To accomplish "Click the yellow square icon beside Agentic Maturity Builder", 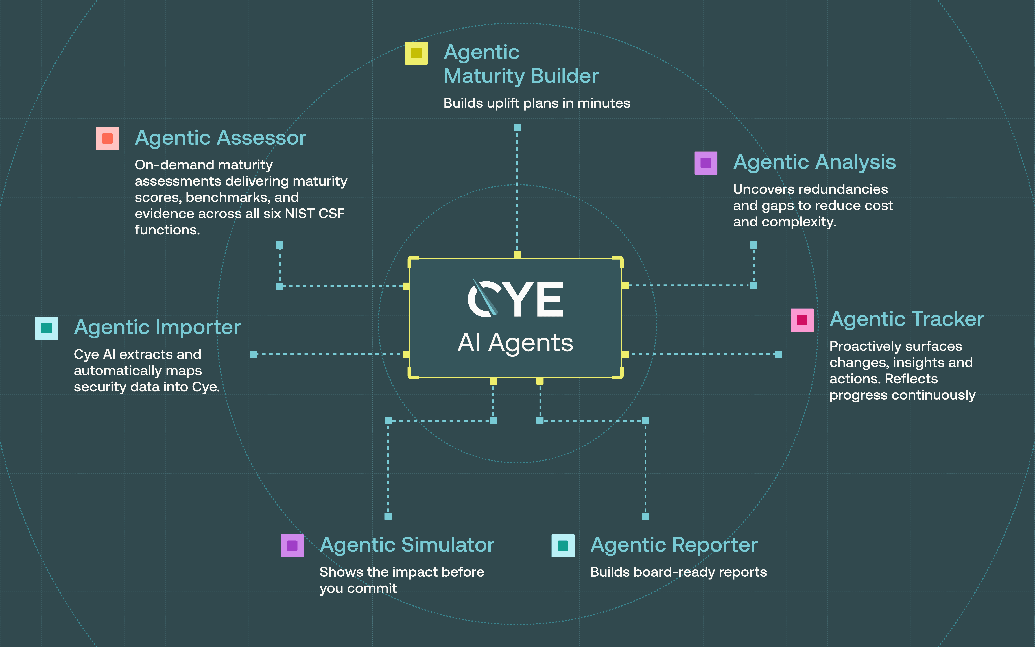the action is (x=416, y=53).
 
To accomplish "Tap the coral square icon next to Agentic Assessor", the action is (x=107, y=138).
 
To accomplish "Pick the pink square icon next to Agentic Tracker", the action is (x=802, y=320).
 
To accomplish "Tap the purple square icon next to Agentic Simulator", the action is (x=292, y=546).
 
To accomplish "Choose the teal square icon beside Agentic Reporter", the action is (x=563, y=546).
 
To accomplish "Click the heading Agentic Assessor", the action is (x=221, y=138).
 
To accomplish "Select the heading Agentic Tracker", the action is (x=907, y=319).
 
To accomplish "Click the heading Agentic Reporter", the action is (x=674, y=545).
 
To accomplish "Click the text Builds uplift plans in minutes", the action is (x=537, y=103).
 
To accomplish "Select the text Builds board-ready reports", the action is (x=679, y=572).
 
